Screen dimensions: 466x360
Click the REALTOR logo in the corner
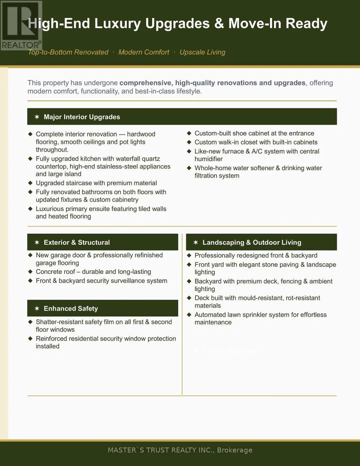point(21,25)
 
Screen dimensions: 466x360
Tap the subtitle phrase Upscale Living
point(202,52)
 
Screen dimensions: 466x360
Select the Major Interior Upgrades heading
point(81,117)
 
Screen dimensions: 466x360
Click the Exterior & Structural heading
point(76,242)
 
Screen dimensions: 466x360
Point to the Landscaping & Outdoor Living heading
point(251,242)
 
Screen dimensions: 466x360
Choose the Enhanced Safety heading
point(71,309)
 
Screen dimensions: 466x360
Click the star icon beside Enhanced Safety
point(37,309)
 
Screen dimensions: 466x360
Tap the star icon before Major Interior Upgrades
point(37,117)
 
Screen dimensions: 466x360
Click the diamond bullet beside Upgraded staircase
point(30,183)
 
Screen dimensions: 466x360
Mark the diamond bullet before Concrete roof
point(30,272)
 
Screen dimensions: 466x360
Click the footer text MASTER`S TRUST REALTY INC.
point(161,450)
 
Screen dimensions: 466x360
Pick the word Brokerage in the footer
point(234,450)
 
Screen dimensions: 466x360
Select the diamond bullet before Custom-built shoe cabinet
point(189,133)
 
